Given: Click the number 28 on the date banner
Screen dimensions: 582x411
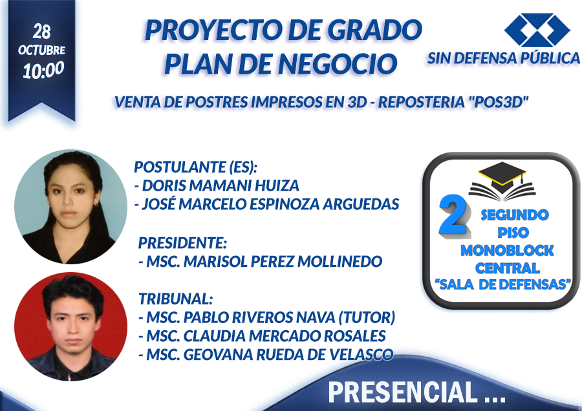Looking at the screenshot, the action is click(x=41, y=32).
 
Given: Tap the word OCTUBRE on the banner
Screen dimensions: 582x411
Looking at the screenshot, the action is click(x=41, y=50).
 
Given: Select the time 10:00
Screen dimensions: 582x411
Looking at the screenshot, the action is click(x=43, y=70).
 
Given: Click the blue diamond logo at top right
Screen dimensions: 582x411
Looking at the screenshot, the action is click(x=537, y=30).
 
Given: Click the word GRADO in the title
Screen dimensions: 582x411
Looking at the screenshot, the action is click(x=375, y=30).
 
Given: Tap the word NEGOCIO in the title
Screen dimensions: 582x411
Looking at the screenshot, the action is click(x=338, y=64).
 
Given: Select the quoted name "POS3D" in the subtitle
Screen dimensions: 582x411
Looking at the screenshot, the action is click(x=499, y=102).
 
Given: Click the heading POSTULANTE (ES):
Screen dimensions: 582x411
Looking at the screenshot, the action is click(x=195, y=167).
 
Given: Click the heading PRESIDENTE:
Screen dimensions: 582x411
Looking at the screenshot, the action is click(x=182, y=243).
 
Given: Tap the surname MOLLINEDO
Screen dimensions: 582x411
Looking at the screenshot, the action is click(x=339, y=262).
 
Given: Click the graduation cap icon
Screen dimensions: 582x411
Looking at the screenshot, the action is click(x=502, y=182).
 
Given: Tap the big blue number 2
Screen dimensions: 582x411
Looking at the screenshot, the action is click(x=453, y=215).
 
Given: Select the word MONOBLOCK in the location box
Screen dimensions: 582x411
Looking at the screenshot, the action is click(x=507, y=251).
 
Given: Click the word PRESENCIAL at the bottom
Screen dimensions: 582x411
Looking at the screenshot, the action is click(x=402, y=392).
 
